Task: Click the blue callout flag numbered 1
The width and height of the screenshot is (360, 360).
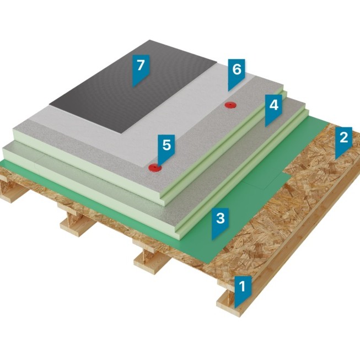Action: click(x=243, y=290)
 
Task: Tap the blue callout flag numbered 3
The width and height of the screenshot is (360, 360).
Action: click(x=220, y=222)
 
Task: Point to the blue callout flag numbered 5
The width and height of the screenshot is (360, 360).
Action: click(x=166, y=148)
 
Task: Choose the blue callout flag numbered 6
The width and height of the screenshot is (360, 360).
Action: click(x=237, y=73)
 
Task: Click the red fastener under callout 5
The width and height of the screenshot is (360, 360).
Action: click(x=155, y=168)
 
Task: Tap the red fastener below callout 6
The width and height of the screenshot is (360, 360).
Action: click(x=230, y=105)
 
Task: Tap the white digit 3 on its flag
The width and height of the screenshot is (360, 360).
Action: click(x=220, y=218)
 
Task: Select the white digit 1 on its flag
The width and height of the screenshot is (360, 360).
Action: click(x=242, y=286)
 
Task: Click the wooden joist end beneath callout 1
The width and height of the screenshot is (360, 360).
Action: click(x=232, y=303)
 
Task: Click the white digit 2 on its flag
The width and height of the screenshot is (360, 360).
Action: click(x=343, y=137)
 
